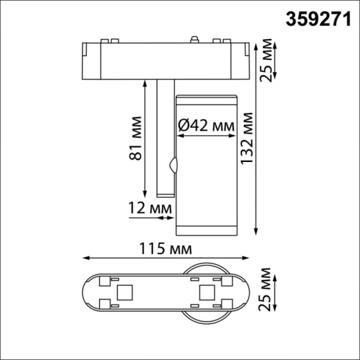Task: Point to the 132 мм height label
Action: click(248, 140)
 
